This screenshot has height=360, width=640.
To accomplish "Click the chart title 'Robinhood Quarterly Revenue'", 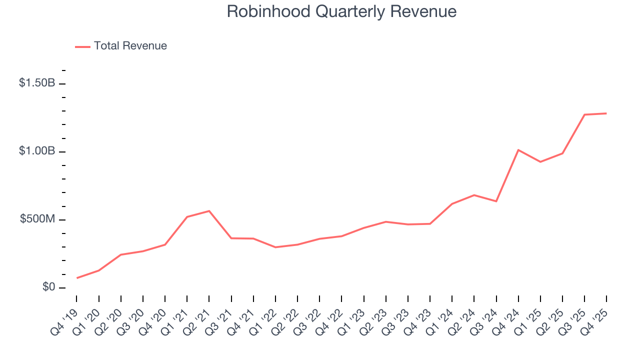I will pos(341,11).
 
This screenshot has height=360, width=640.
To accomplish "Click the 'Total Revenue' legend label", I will pos(130,46).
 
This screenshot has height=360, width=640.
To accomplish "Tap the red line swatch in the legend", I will pos(82,46).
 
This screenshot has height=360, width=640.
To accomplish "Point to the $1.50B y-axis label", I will pos(37,83).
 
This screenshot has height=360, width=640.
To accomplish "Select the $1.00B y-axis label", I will pos(37,151).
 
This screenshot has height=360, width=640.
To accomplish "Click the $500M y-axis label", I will pos(37,219).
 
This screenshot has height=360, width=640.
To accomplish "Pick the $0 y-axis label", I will pos(48,287).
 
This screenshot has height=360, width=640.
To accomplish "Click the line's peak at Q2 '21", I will pos(209,211).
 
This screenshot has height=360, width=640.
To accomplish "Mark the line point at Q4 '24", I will pos(518,150).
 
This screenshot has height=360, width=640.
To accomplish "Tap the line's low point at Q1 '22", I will pos(275,247).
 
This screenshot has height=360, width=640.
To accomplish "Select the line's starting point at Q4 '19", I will pos(77,278).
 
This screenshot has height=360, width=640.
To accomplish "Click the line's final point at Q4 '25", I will pos(606,113).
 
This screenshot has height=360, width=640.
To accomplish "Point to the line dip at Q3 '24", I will pos(496,201).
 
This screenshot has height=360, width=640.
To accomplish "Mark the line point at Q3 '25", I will pos(584,115).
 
